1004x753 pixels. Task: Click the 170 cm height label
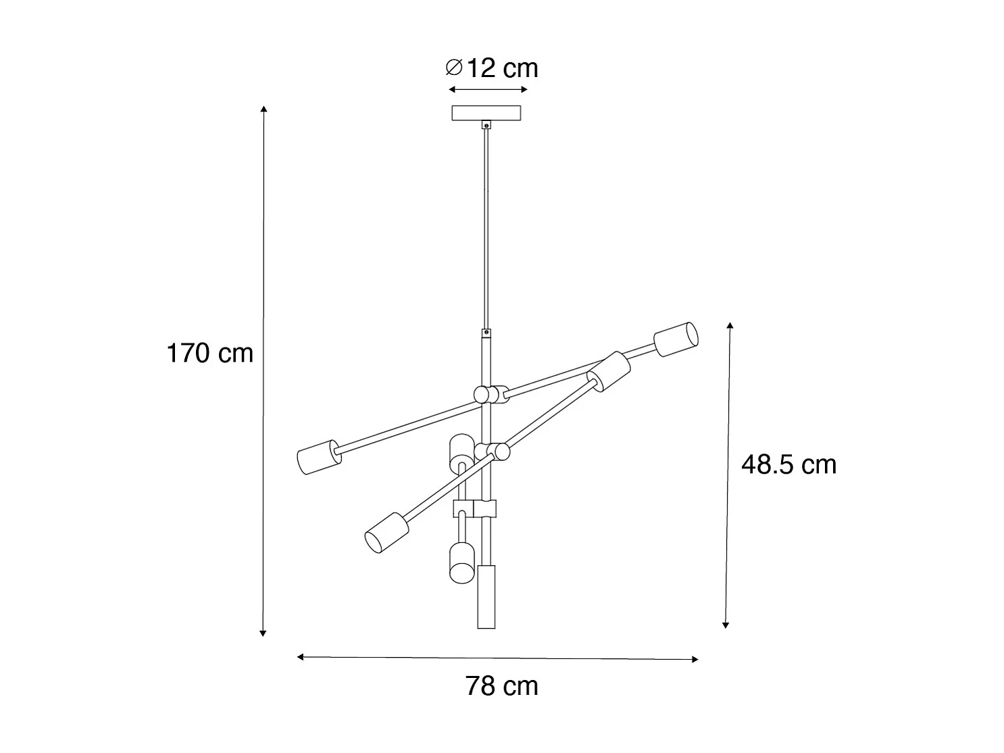[x=209, y=354]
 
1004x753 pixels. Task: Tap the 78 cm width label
[x=501, y=686]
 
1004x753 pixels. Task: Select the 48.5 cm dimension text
[x=788, y=465]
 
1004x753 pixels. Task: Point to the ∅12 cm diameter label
[x=492, y=68]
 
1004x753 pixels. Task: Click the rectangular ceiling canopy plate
[x=486, y=113]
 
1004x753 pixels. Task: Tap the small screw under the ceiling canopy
[x=486, y=125]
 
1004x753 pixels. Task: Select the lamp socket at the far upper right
[x=675, y=339]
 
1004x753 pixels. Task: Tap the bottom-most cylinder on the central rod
[x=486, y=596]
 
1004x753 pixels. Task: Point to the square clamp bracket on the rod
[x=476, y=509]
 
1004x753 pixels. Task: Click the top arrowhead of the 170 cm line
[x=263, y=108]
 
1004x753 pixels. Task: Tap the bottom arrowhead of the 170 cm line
[x=263, y=633]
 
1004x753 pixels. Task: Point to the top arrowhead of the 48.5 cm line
[x=730, y=326]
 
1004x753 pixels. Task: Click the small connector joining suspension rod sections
[x=486, y=334]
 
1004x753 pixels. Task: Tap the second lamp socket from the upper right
[x=609, y=371]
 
